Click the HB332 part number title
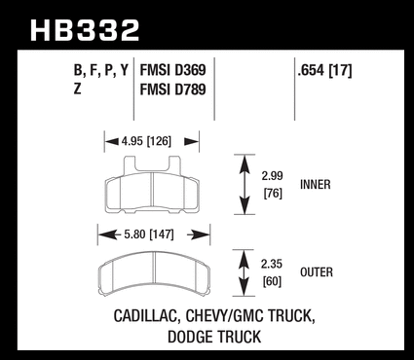(85, 30)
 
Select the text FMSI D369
(172, 70)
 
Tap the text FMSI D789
(172, 90)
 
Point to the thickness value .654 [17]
(324, 70)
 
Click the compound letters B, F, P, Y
(101, 71)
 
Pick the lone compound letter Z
(77, 89)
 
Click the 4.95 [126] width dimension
(146, 141)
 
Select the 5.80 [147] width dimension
(148, 234)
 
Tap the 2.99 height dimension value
(273, 176)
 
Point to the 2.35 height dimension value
(272, 264)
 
